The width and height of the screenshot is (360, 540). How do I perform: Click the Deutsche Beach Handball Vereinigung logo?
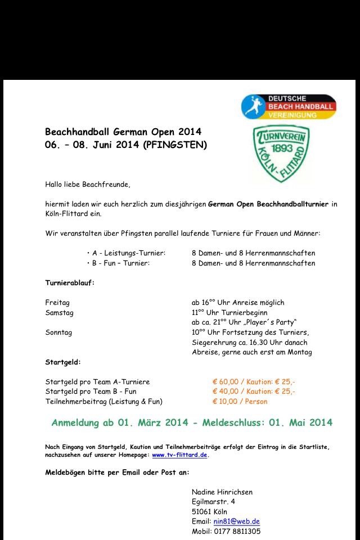tap(289, 106)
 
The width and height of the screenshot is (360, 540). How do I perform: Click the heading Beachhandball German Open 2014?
tap(123, 132)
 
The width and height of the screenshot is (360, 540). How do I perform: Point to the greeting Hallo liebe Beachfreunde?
tap(88, 184)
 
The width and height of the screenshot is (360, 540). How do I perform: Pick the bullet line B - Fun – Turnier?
tap(119, 263)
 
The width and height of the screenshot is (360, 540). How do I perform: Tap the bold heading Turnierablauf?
tap(70, 282)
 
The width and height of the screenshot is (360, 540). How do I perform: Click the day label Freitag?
tap(57, 302)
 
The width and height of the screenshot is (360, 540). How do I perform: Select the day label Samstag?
tap(59, 312)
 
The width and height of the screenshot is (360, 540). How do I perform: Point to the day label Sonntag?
tap(58, 332)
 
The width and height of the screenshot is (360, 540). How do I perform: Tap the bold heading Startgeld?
tap(63, 362)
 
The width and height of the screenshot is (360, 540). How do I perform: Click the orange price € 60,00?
tap(226, 381)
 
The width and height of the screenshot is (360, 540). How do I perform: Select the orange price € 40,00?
tap(226, 391)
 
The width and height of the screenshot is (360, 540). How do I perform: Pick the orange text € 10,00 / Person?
tap(240, 402)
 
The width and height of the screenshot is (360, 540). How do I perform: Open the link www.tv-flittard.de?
tap(179, 454)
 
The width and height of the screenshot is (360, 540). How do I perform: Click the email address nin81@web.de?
tap(236, 521)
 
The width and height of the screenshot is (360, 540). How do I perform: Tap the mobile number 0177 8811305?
tap(237, 532)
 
